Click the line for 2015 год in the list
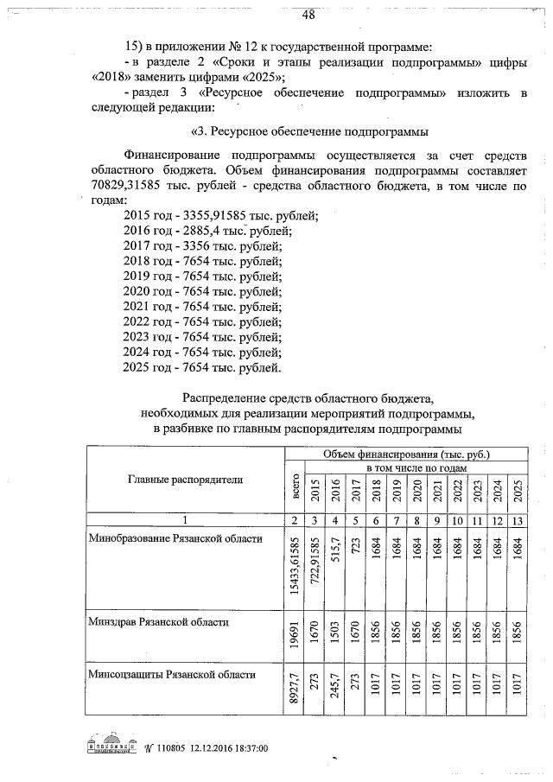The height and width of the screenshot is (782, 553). (221, 214)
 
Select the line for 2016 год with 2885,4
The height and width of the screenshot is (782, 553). (208, 230)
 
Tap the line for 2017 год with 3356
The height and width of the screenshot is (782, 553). (203, 245)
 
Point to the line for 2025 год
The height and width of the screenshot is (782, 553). (203, 369)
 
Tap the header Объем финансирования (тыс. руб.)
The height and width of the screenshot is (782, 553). (405, 454)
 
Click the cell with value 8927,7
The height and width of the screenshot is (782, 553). (295, 689)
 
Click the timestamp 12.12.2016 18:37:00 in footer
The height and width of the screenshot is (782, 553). (226, 747)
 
